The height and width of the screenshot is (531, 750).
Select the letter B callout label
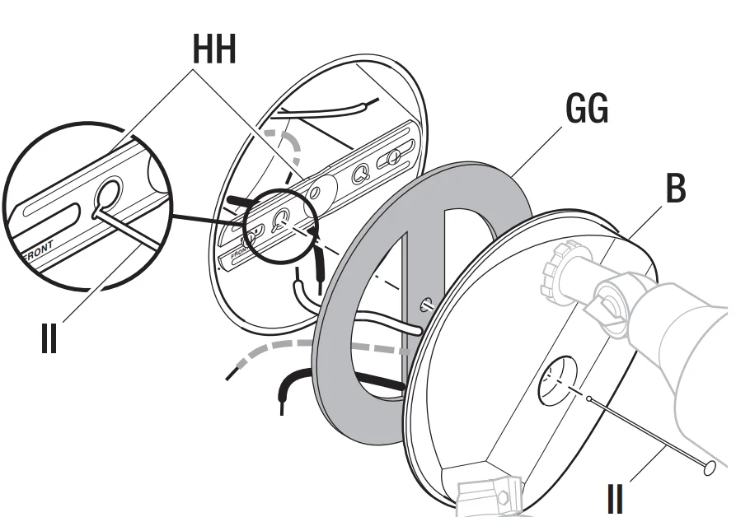point(675,189)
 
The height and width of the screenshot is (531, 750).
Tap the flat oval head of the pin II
point(707,468)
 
